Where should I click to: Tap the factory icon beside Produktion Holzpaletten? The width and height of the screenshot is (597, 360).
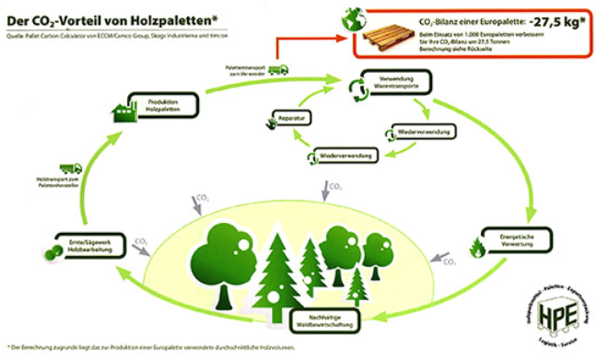coord(121,112)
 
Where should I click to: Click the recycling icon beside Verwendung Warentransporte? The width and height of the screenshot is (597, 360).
coord(356,88)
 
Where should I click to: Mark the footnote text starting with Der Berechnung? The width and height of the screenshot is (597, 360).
coord(157,347)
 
